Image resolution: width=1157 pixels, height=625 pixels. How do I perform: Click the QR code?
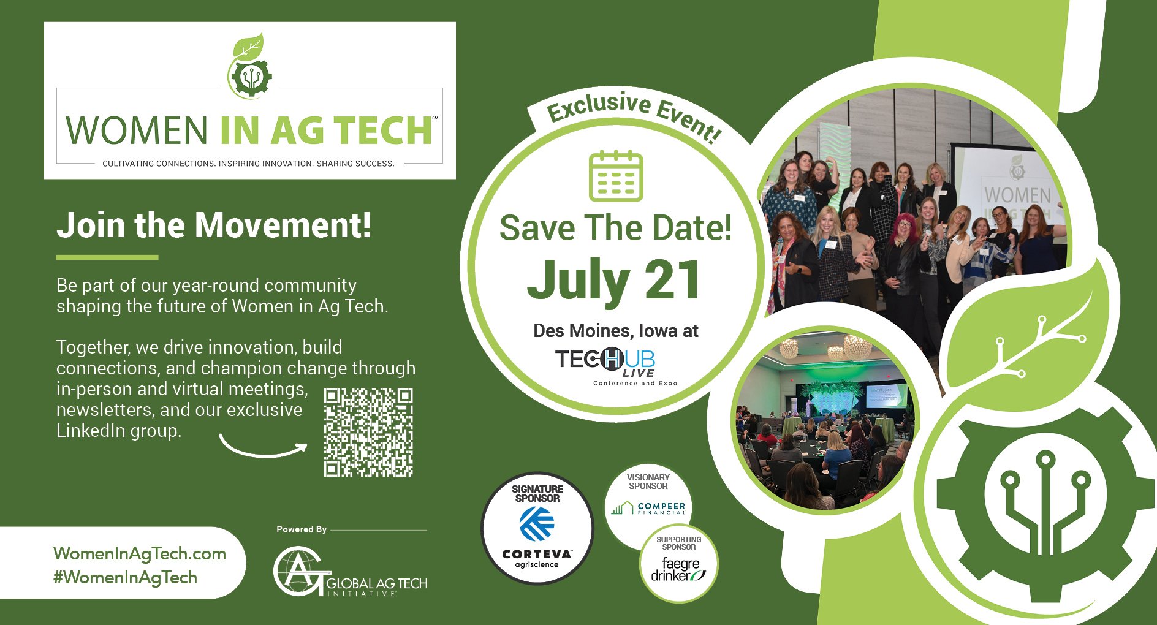368,433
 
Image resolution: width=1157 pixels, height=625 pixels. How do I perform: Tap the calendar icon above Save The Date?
616,176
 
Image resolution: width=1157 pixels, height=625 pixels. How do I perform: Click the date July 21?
614,279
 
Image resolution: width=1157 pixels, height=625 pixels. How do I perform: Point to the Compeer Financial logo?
649,507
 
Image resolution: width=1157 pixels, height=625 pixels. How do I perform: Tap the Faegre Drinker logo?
678,569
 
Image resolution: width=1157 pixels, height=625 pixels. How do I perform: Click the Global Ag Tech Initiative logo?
350,571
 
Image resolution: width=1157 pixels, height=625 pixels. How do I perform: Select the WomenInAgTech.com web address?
140,553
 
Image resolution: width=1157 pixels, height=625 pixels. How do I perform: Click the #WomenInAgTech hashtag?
126,577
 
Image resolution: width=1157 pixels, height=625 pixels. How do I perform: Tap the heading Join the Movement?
214,225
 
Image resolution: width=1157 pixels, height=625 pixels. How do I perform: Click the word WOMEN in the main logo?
137,131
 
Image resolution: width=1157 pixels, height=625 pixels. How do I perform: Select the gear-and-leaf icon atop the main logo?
249,66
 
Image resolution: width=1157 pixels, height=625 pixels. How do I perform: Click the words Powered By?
302,529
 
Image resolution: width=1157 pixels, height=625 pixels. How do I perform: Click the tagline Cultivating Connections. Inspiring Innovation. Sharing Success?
248,164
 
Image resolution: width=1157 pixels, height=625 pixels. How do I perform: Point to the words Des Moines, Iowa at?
616,331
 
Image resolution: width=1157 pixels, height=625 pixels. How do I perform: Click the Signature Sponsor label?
537,493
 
